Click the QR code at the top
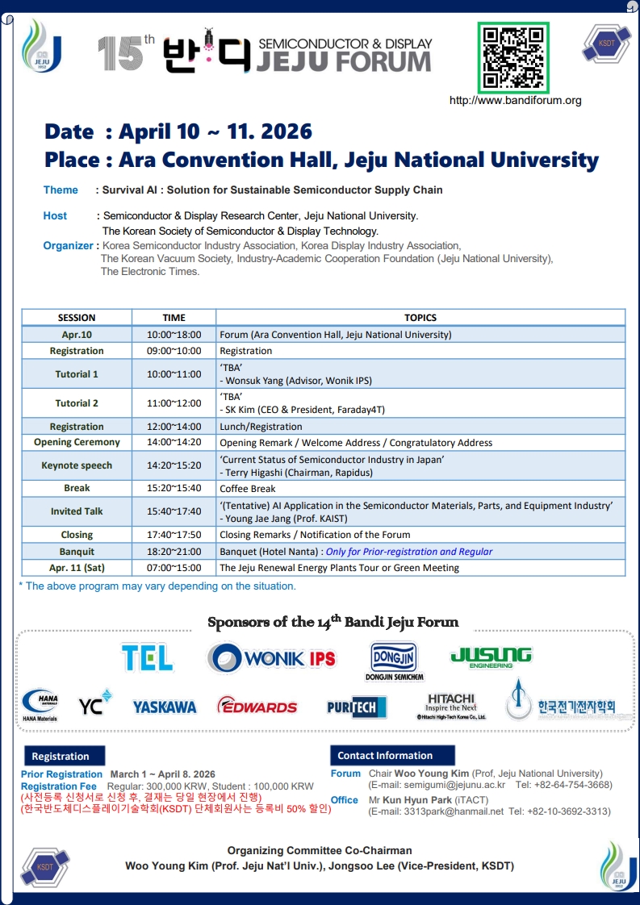pos(512,58)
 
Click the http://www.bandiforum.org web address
pos(515,101)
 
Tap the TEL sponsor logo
pos(148,658)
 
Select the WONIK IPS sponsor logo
pos(271,658)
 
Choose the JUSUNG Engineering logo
pos(491,657)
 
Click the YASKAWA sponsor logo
pos(165,707)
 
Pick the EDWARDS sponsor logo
pos(257,707)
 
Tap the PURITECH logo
pos(357,707)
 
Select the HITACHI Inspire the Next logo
pos(451,705)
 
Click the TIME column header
pos(174,318)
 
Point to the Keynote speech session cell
pos(77,465)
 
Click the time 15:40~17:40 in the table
pos(174,511)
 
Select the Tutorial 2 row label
pos(77,403)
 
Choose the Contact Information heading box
pos(386,756)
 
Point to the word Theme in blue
pos(61,190)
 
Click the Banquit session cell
pos(77,552)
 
